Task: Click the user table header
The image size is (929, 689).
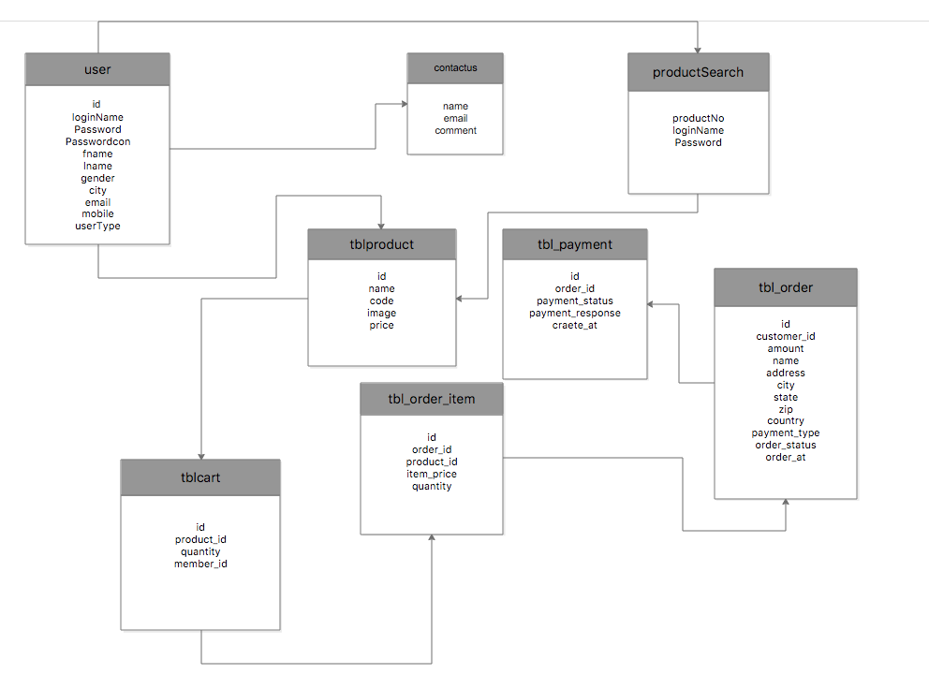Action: coord(97,69)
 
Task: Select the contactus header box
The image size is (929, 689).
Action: coord(455,68)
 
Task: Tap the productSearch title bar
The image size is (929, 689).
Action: coord(698,72)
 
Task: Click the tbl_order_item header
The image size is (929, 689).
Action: coord(432,399)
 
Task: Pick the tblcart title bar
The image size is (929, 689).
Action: coord(200,477)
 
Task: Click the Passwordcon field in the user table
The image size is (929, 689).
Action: coord(97,141)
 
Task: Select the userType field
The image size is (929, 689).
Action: coord(97,226)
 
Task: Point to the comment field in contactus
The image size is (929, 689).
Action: coord(455,131)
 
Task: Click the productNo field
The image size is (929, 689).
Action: coord(698,118)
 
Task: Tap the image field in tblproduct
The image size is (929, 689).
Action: coord(381,313)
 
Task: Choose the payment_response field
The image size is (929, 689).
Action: coord(575,313)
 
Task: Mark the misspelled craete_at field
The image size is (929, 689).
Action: coord(575,325)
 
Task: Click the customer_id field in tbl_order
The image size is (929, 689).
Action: coord(786,336)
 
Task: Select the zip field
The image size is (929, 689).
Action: coord(786,409)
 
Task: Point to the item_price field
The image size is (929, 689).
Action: coord(432,474)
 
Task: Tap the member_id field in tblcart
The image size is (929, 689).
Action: coord(200,564)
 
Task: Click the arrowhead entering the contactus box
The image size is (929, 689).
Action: coord(403,105)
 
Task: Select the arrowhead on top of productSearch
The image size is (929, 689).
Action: coord(698,49)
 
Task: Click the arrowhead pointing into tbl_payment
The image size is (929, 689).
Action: coord(651,304)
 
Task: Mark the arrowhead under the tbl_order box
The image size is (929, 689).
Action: coord(786,504)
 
